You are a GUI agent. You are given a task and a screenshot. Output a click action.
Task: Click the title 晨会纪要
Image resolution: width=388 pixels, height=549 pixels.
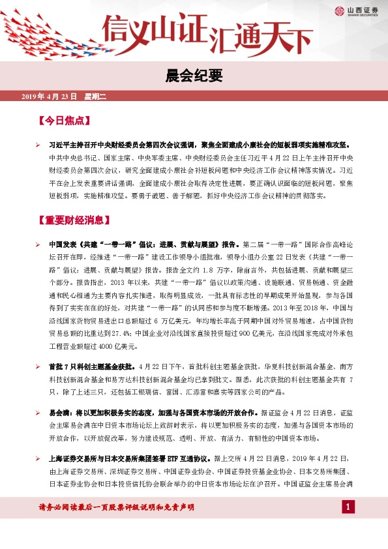pyautogui.click(x=194, y=75)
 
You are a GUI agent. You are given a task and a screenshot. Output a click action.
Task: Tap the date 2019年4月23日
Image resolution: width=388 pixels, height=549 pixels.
pyautogui.click(x=50, y=96)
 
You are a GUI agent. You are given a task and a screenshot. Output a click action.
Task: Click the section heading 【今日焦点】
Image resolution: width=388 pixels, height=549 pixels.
pyautogui.click(x=63, y=121)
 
